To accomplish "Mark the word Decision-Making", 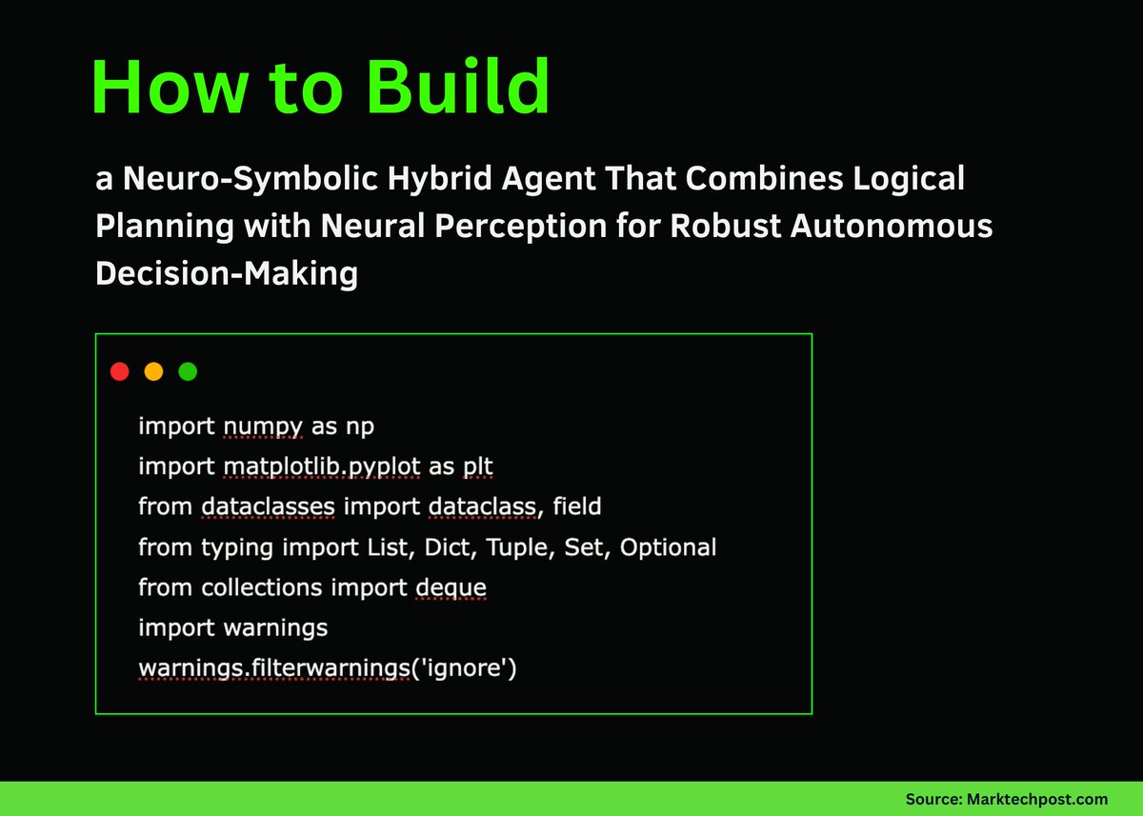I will (227, 274).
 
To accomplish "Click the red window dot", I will (119, 371).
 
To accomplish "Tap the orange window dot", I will (153, 371).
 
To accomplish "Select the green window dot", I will (188, 371).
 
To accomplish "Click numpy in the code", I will (263, 427).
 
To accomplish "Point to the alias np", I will (360, 427).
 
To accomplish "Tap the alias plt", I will (477, 467).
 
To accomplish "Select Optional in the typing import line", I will (668, 547).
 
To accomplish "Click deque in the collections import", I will (451, 587).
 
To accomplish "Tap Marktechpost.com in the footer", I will (1048, 799).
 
